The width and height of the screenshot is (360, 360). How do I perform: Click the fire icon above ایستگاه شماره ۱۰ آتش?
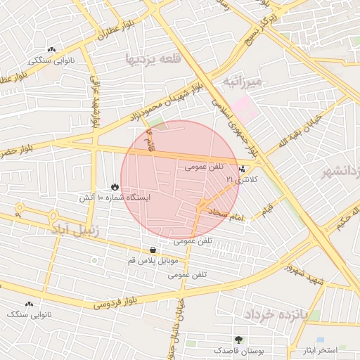coord(114,187)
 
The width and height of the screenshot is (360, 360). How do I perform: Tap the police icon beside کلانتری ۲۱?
coord(243,169)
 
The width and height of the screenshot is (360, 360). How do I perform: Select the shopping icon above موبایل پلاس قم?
coord(153,250)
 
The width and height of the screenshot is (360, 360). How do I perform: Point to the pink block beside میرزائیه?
coord(245,108)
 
